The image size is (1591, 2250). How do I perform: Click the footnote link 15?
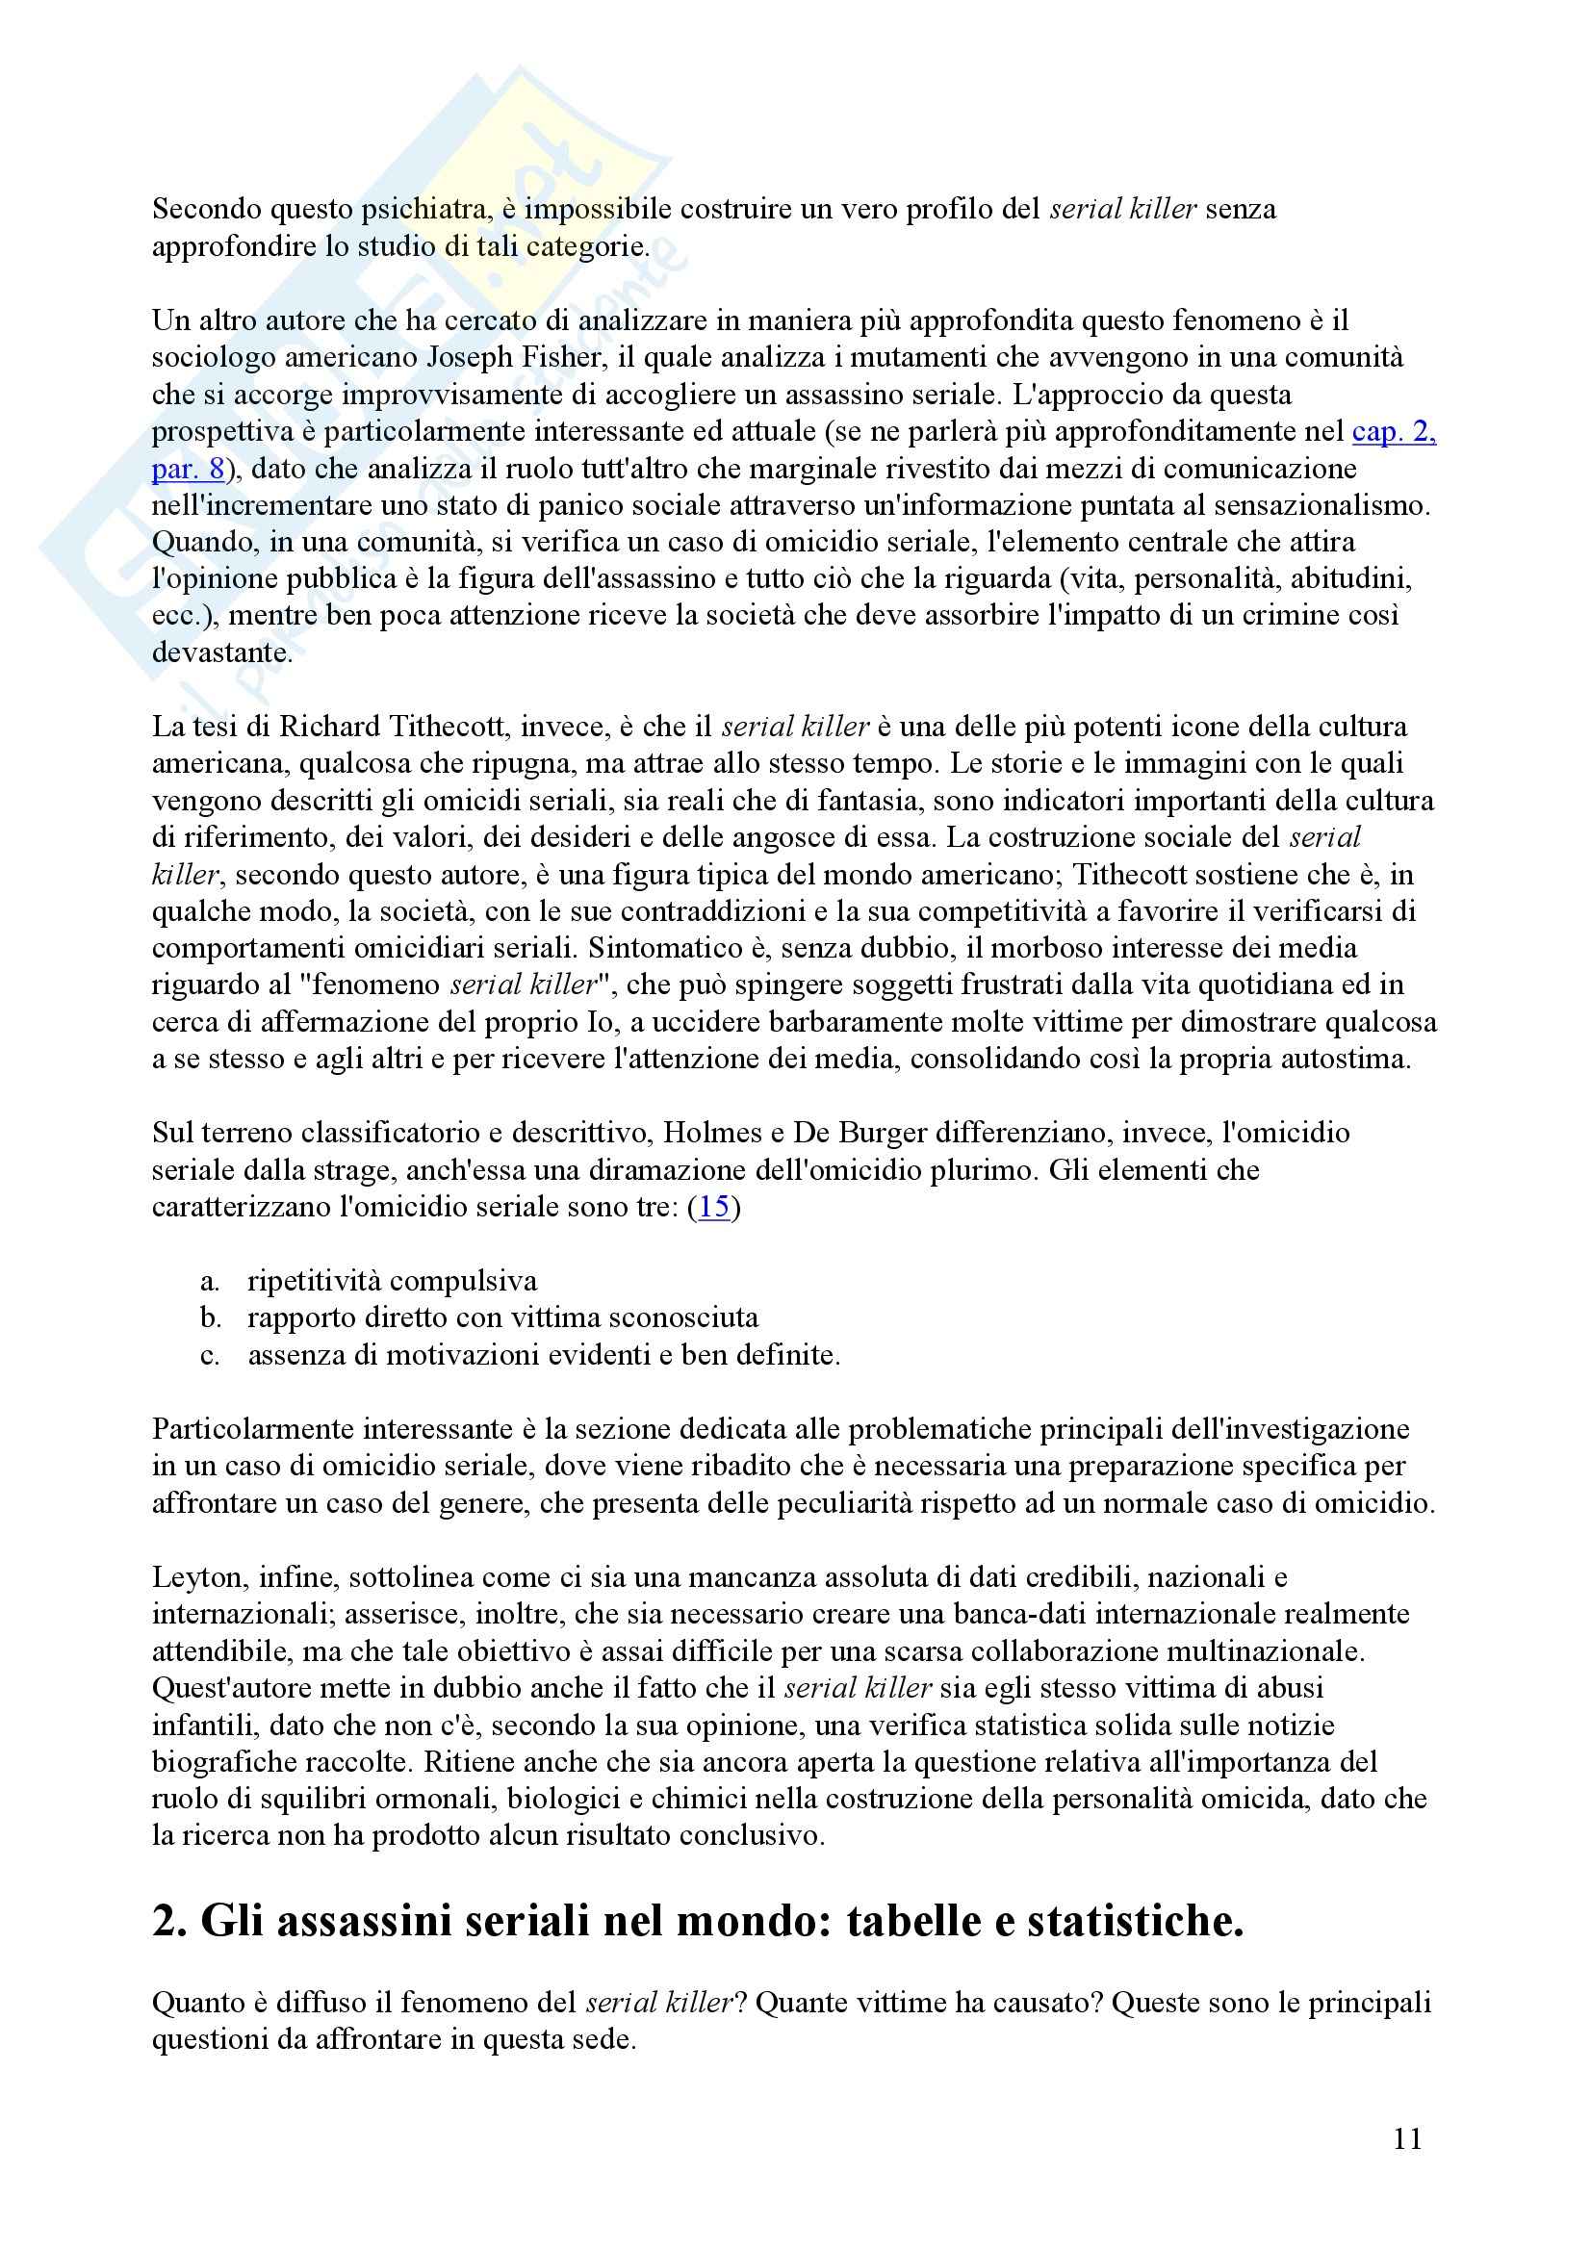click(x=714, y=1208)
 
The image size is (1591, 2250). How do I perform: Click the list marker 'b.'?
click(x=211, y=1318)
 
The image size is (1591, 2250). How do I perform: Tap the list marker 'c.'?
click(x=210, y=1356)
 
